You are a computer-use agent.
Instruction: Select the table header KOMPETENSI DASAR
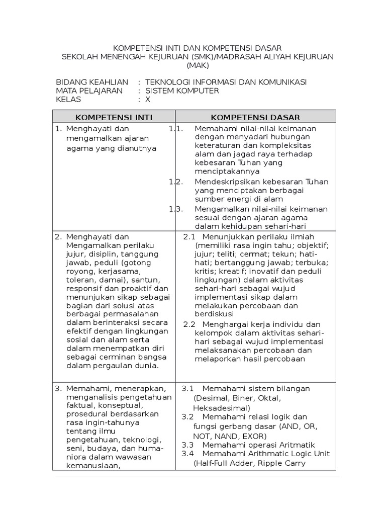255,117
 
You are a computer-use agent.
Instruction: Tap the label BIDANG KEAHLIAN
92,82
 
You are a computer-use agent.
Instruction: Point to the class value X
148,100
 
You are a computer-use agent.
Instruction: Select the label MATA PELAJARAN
89,91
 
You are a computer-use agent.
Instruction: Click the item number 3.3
187,445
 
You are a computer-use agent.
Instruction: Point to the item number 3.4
187,454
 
